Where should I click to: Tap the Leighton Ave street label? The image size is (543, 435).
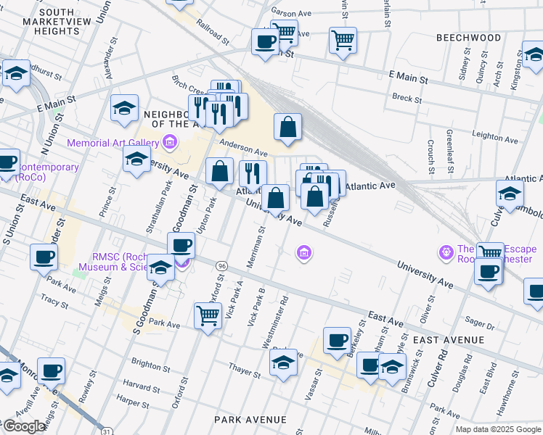point(497,136)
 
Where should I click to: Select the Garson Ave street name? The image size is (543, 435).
point(290,12)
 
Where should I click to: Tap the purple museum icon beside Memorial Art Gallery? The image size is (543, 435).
point(170,141)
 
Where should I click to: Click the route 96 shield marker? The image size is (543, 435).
point(221,266)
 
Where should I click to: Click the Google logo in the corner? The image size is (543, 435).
point(24,426)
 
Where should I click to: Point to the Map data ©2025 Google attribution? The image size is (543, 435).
point(498,429)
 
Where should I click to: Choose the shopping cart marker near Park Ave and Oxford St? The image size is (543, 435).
point(208,315)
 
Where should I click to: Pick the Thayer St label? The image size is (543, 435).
point(244,373)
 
